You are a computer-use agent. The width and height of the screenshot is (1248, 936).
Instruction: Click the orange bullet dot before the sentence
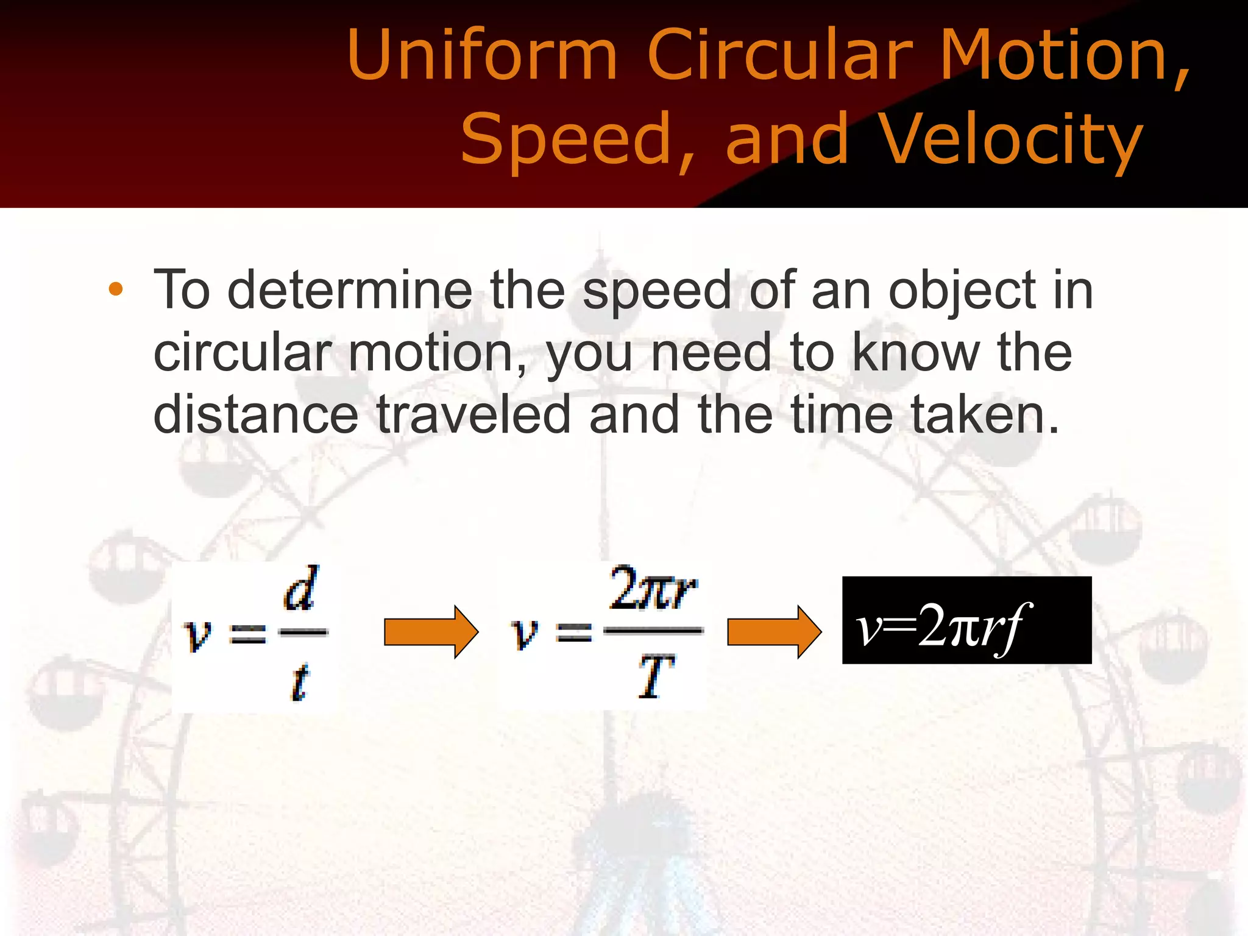pyautogui.click(x=116, y=289)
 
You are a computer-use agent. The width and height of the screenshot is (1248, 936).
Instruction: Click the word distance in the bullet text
pyautogui.click(x=256, y=414)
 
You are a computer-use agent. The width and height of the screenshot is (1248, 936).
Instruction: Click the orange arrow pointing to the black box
pyautogui.click(x=774, y=632)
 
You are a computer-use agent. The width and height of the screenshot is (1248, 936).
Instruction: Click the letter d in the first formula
pyautogui.click(x=300, y=588)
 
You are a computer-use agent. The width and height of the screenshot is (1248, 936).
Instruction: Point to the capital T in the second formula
pyautogui.click(x=656, y=676)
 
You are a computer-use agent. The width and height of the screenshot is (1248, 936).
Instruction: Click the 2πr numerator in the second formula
pyautogui.click(x=653, y=588)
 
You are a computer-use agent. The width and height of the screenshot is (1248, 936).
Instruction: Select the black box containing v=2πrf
pyautogui.click(x=966, y=620)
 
